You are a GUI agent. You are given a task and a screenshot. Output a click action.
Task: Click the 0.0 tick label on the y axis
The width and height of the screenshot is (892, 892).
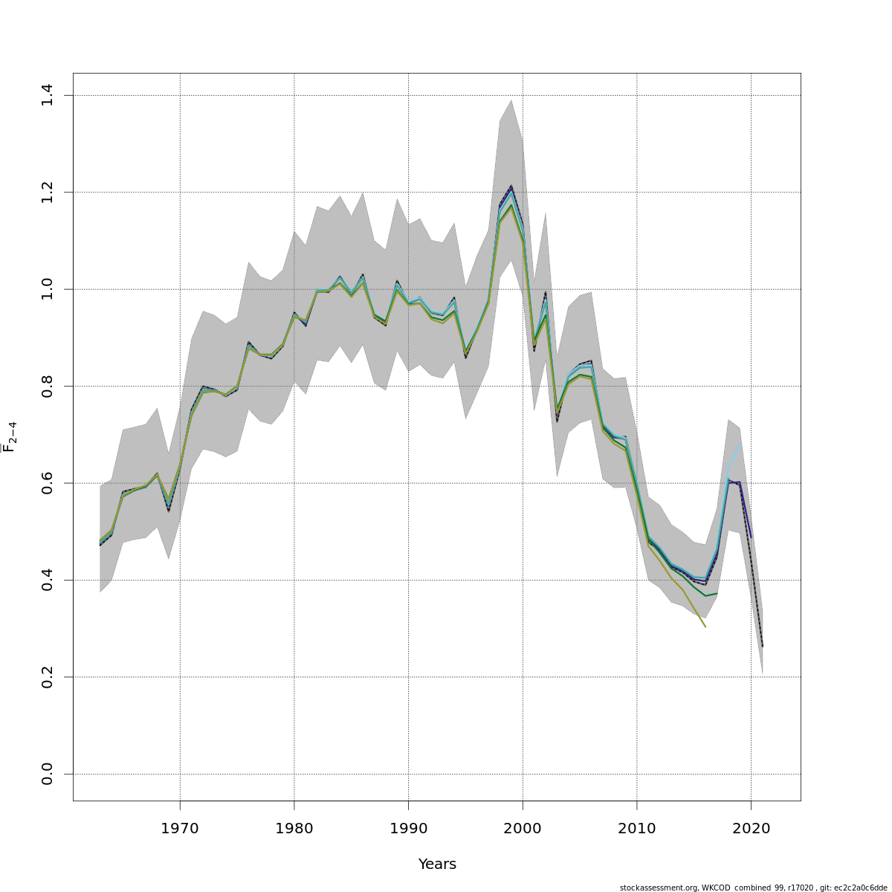pos(48,774)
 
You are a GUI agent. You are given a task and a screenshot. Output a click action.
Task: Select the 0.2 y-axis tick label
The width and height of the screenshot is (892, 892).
pos(48,677)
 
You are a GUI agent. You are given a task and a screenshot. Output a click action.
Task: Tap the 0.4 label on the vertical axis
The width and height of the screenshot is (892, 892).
pos(48,580)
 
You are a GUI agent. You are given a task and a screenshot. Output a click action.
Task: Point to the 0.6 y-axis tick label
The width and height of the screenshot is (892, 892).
pos(48,483)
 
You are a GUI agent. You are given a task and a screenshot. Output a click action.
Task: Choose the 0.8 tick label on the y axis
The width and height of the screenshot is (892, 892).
pos(48,386)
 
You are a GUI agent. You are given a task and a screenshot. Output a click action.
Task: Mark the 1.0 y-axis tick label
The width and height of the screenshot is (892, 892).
pos(48,289)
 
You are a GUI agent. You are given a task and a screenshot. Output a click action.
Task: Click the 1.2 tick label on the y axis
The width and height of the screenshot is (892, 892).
pos(48,192)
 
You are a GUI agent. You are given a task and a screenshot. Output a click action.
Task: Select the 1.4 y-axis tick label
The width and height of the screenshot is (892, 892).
pos(48,95)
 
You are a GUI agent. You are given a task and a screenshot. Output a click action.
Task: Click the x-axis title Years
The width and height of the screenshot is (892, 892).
pos(437,864)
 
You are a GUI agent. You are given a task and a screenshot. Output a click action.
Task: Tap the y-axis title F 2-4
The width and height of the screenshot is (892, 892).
pos(10,437)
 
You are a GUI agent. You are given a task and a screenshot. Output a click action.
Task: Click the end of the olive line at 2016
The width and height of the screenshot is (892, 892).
pos(705,627)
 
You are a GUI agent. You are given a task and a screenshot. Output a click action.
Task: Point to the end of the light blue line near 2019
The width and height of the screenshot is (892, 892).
pos(740,445)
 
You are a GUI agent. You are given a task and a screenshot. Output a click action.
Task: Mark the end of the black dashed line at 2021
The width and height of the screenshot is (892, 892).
pos(763,647)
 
